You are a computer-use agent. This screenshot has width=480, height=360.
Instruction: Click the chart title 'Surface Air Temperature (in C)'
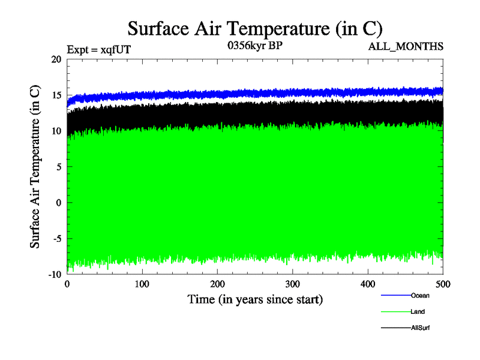click(x=255, y=28)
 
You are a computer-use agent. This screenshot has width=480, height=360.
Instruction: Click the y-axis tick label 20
click(x=56, y=59)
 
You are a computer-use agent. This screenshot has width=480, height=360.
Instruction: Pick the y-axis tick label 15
click(x=56, y=95)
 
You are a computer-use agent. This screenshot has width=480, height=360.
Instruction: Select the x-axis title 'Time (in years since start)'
click(x=255, y=299)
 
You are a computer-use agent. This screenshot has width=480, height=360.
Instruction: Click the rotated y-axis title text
click(x=35, y=167)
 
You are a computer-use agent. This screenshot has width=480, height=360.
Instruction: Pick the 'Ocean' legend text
click(x=420, y=295)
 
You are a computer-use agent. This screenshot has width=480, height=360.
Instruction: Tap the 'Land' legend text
click(x=418, y=311)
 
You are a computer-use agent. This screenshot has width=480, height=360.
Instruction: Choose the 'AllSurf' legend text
click(x=421, y=328)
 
